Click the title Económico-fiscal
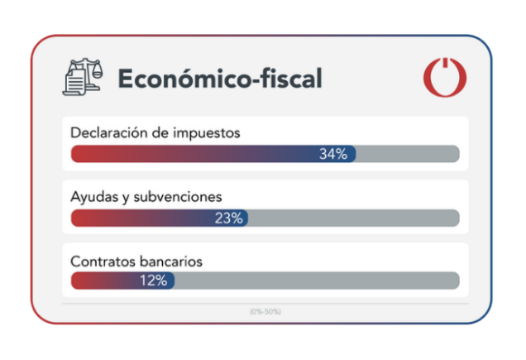coord(219,79)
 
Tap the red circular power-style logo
coord(445,78)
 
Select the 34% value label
coord(332,154)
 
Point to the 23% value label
coord(228,218)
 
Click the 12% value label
coord(153,281)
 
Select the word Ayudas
coord(93,196)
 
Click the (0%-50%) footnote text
coord(265,311)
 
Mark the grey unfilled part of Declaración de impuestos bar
coord(407,154)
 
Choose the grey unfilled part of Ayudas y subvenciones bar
coord(353,218)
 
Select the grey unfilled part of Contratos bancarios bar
coord(316,281)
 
